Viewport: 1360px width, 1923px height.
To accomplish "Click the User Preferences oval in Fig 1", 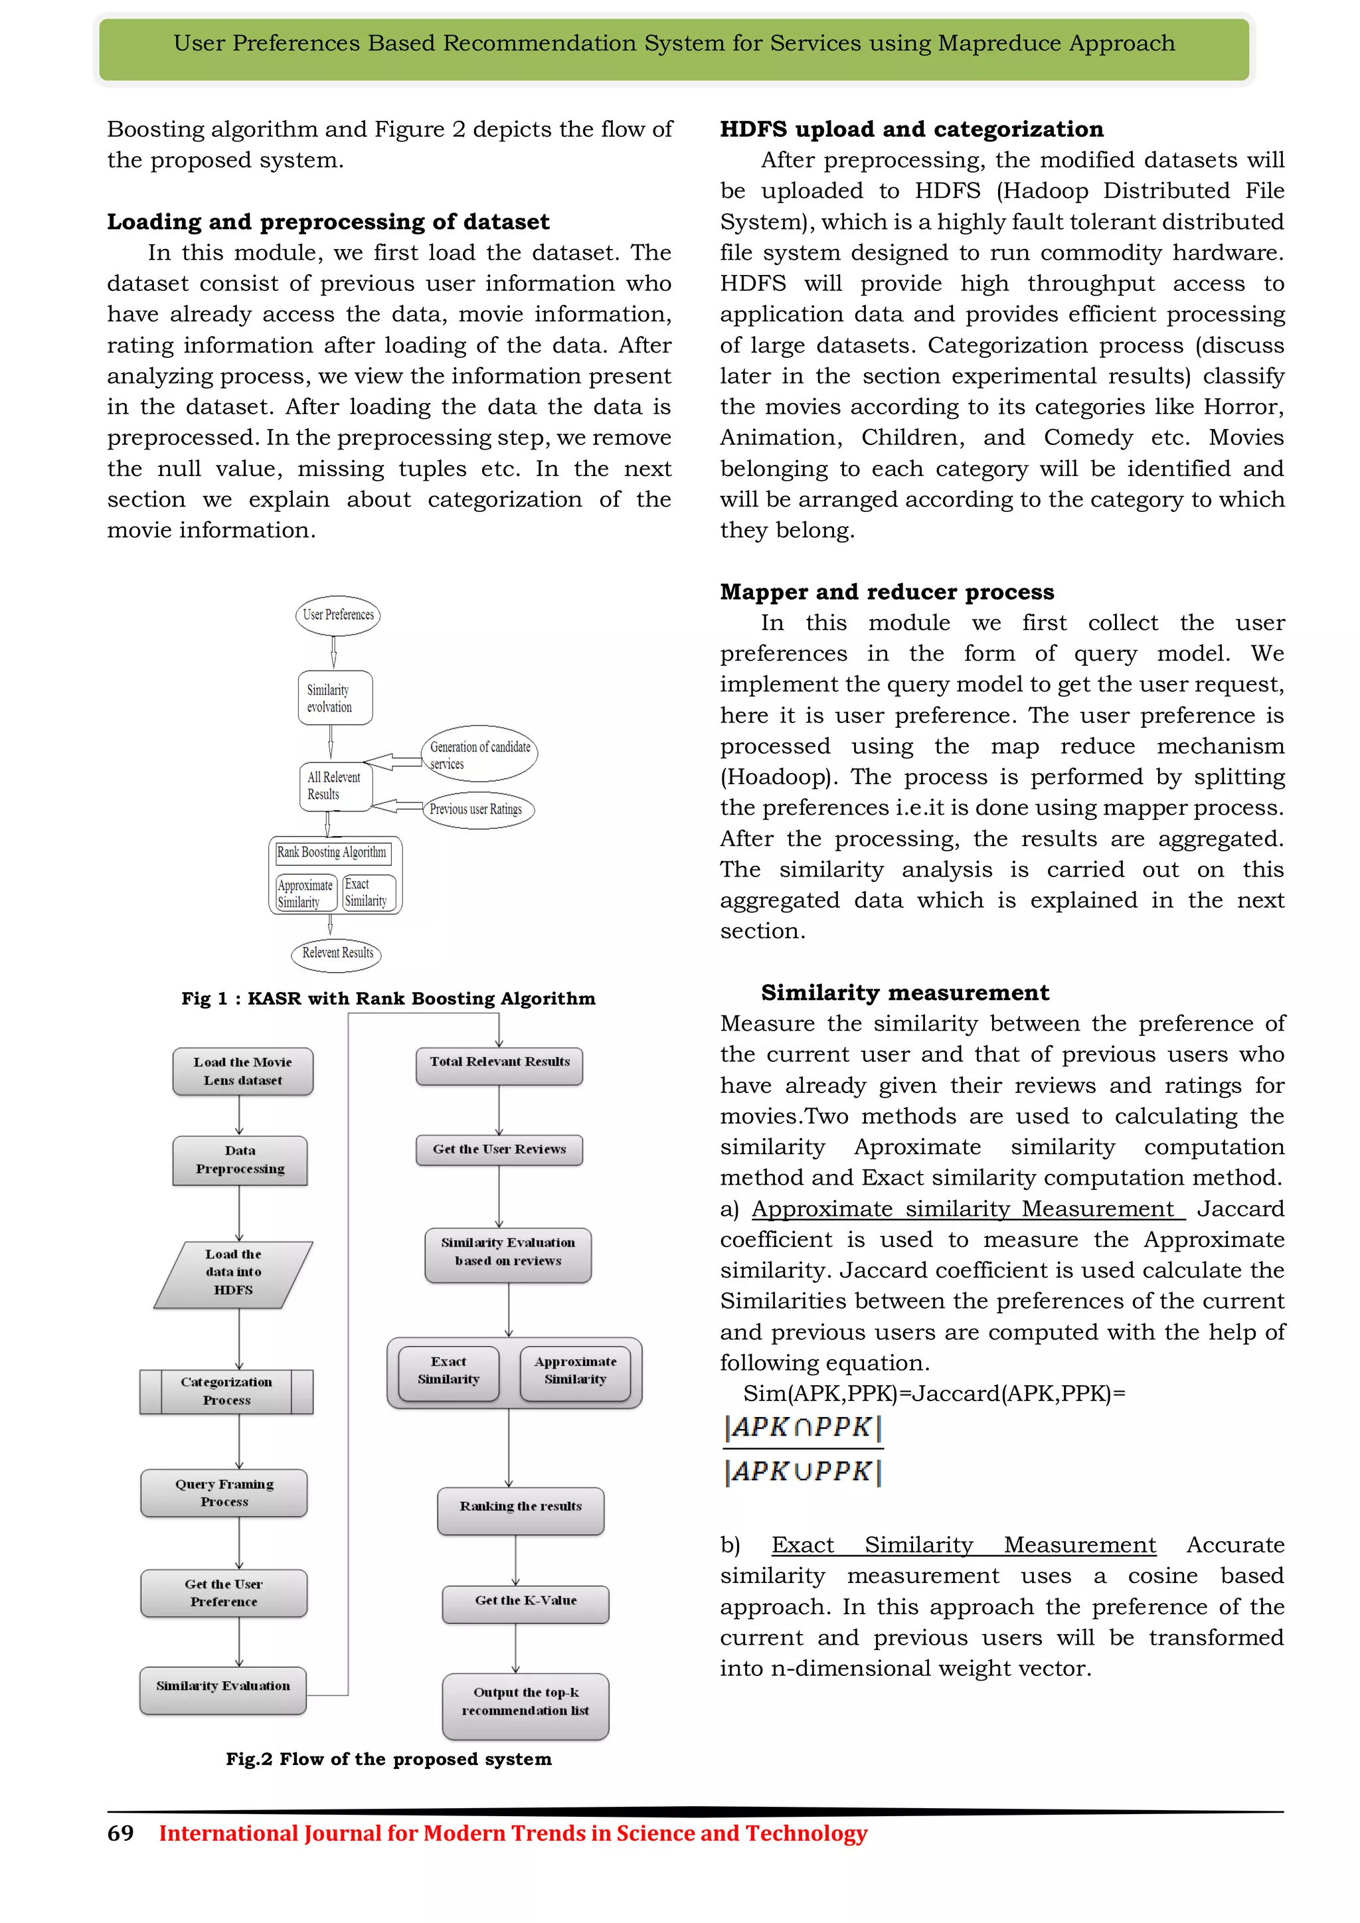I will click(x=337, y=615).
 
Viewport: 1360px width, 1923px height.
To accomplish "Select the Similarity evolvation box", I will click(x=334, y=698).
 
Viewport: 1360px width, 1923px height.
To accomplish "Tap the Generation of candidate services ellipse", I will click(x=479, y=754).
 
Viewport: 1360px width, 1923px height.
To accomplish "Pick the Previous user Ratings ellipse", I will click(x=477, y=809).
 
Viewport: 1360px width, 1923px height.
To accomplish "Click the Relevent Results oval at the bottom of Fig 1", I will click(x=337, y=953).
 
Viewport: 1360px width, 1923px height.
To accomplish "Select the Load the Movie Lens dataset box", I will click(x=243, y=1071).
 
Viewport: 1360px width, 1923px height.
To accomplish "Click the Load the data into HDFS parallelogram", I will click(x=234, y=1272).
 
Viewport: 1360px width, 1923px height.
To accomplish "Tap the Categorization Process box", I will click(x=226, y=1391).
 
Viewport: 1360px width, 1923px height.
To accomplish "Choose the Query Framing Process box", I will click(x=224, y=1493).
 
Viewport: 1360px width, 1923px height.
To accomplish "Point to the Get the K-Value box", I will click(x=525, y=1603).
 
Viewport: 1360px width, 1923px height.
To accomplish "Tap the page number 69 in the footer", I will click(x=121, y=1833).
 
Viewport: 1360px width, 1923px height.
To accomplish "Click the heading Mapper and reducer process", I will click(x=886, y=592).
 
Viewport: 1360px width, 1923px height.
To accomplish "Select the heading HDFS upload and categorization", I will click(x=911, y=129).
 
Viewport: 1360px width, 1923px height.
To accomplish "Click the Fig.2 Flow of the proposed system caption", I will click(x=388, y=1759).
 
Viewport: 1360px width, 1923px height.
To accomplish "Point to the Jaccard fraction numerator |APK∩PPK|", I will click(x=802, y=1427).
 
